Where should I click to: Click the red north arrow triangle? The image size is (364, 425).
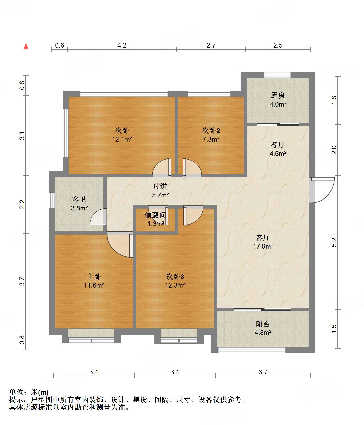[x=26, y=47]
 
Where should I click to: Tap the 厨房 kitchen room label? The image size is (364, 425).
[x=277, y=96]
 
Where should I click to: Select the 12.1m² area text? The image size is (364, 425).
[x=122, y=139]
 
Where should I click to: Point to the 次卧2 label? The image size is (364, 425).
[x=211, y=130]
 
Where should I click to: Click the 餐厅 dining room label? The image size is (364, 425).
[x=277, y=145]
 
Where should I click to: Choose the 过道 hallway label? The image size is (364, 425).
[x=160, y=186]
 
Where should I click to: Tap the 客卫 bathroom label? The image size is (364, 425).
[x=79, y=200]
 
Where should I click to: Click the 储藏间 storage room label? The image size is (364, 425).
[x=155, y=215]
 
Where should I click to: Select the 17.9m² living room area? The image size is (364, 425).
[x=263, y=246]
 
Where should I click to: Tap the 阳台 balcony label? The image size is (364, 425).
[x=263, y=324]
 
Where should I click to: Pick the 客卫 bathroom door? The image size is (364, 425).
[x=98, y=217]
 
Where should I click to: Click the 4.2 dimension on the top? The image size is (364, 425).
[x=122, y=45]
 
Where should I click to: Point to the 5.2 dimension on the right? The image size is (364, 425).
[x=334, y=242]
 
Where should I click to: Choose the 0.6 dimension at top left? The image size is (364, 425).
[x=59, y=45]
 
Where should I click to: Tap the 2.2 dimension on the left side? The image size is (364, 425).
[x=22, y=204]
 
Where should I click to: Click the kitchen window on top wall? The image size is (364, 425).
[x=277, y=75]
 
